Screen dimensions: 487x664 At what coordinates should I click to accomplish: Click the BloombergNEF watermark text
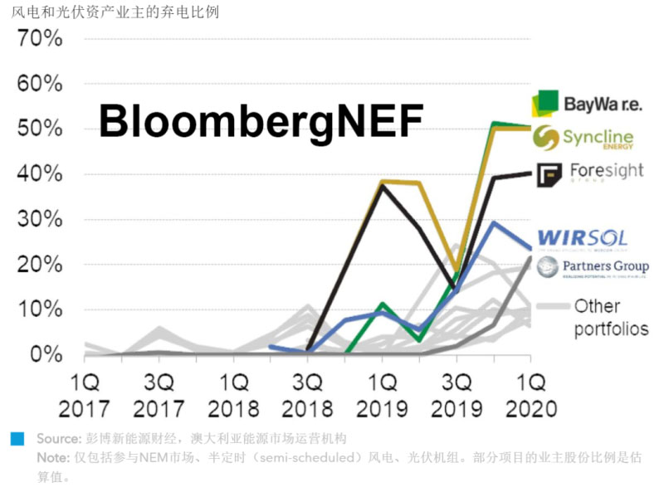click(261, 121)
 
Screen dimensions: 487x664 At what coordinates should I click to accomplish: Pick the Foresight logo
click(589, 173)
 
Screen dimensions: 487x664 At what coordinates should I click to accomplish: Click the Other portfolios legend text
click(610, 317)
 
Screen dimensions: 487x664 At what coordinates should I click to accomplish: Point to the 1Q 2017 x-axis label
click(85, 397)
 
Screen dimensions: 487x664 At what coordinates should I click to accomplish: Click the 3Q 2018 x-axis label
click(308, 397)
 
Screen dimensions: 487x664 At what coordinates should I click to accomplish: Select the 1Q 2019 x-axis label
click(382, 397)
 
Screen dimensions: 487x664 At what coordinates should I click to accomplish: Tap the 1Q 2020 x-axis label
click(530, 397)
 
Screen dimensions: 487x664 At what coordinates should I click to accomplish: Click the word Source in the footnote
click(56, 438)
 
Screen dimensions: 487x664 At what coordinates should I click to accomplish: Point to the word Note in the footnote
click(51, 457)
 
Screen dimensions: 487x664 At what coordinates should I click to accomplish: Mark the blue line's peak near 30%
click(494, 222)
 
